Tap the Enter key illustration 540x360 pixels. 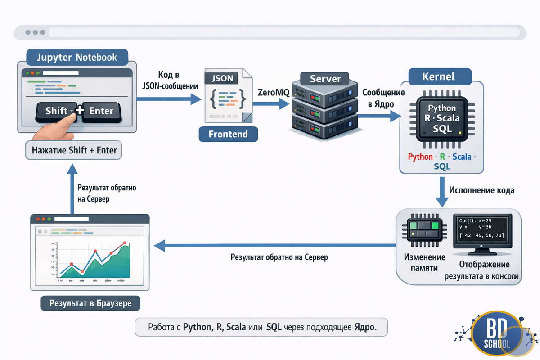tap(102, 111)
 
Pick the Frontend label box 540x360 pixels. tap(229, 134)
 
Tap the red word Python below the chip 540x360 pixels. tap(420, 157)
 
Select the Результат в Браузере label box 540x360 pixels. tap(90, 303)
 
